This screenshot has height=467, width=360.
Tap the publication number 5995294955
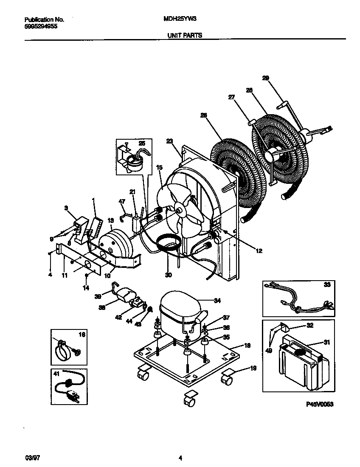coord(41,26)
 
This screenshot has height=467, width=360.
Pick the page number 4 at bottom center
coord(180,458)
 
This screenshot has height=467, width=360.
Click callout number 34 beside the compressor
coord(217,301)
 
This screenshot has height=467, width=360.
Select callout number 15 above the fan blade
coord(160,168)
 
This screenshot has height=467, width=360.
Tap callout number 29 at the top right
coord(265,78)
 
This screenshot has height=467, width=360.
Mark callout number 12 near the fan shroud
coord(259,250)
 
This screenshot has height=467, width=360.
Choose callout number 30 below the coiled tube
coord(169,275)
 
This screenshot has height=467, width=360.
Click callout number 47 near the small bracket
coord(122,201)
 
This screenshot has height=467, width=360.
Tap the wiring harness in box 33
coord(297,297)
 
